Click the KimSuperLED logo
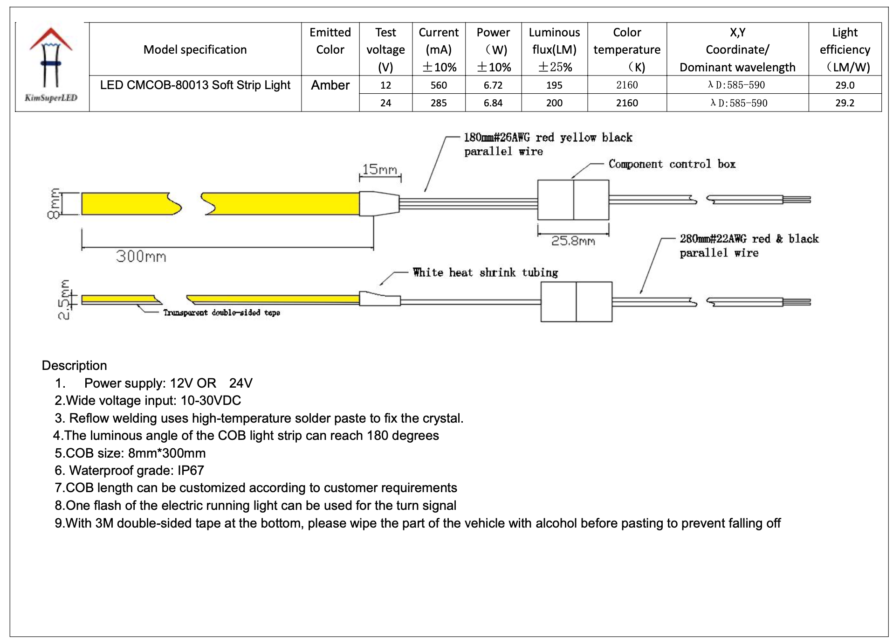(x=51, y=65)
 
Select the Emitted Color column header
(x=330, y=41)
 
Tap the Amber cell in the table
(x=330, y=85)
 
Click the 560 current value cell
(x=439, y=85)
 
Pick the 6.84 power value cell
(x=493, y=103)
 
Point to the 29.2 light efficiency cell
(x=845, y=103)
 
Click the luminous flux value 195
(x=554, y=85)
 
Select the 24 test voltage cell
(x=385, y=103)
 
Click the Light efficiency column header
(x=845, y=49)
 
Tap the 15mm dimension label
(x=380, y=169)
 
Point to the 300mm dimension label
(x=141, y=256)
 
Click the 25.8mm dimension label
(x=573, y=241)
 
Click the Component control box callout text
(x=672, y=164)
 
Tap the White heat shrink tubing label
(x=485, y=272)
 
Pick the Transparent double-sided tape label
(x=221, y=313)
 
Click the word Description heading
(x=75, y=365)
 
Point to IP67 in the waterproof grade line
(x=191, y=470)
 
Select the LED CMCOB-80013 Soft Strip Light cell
(x=195, y=85)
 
